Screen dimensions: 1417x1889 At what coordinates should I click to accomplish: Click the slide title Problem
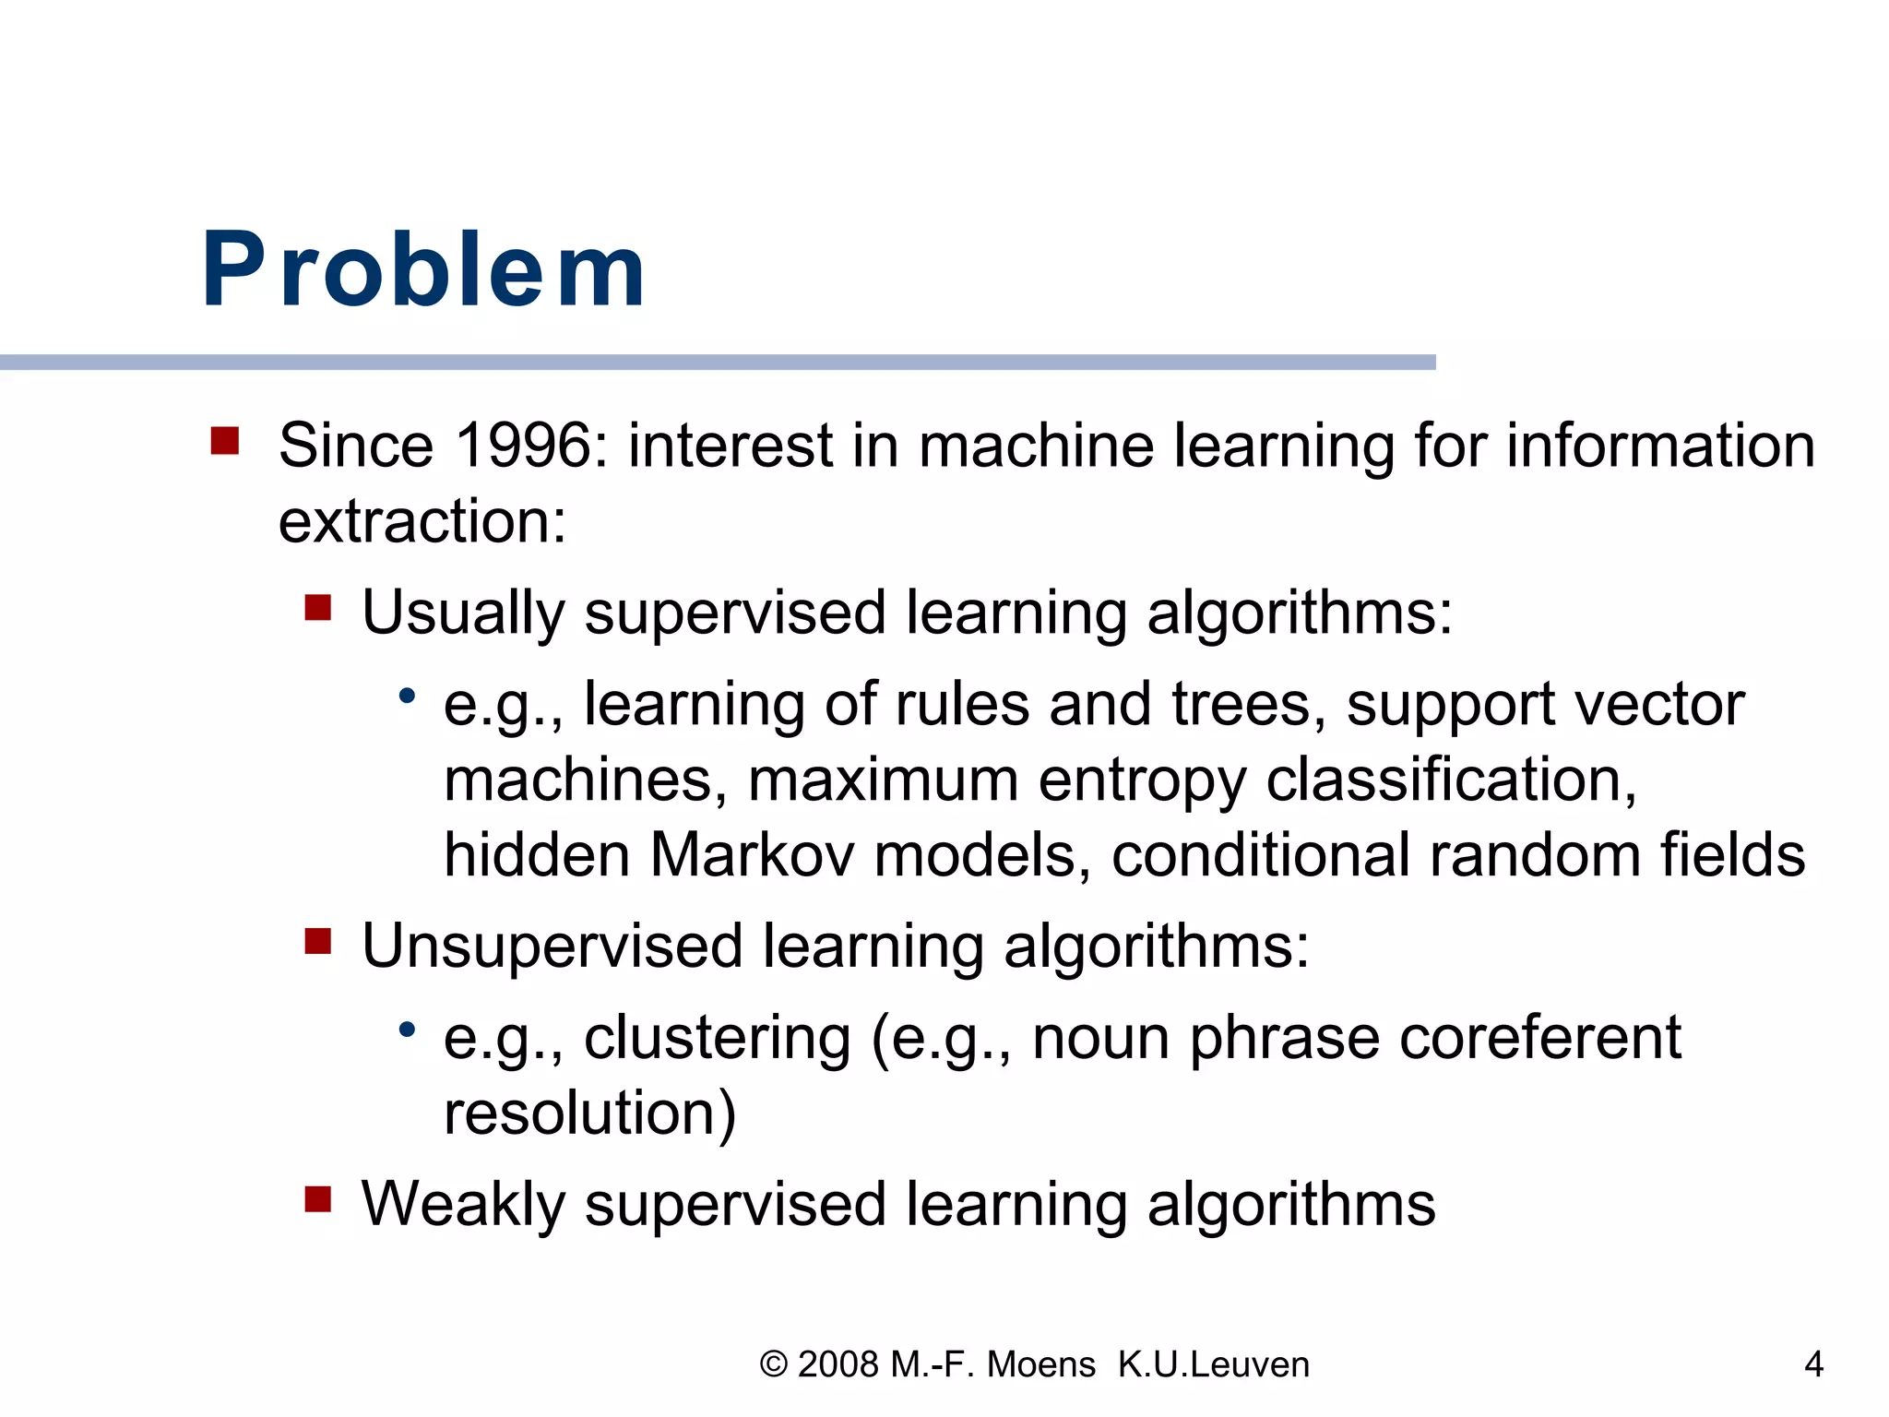(x=423, y=269)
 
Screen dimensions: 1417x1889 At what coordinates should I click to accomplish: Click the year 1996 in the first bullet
(x=523, y=447)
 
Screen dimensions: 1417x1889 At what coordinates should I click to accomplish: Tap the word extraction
(x=422, y=522)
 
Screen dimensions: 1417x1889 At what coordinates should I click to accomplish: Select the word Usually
(x=462, y=613)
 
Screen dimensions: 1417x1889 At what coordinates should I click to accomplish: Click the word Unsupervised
(x=552, y=947)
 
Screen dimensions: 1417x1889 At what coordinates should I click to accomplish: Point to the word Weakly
(x=462, y=1205)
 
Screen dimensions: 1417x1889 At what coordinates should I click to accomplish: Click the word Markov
(x=752, y=855)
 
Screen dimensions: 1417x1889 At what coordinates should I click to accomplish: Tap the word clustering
(x=717, y=1039)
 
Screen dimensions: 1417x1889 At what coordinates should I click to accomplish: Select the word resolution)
(x=589, y=1113)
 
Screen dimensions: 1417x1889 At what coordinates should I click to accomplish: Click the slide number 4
(x=1813, y=1364)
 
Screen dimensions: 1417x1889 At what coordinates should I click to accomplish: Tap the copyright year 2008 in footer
(x=838, y=1364)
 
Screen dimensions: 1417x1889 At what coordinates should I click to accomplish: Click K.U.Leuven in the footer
(x=1213, y=1364)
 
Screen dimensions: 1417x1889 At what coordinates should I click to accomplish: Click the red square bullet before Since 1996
(x=225, y=441)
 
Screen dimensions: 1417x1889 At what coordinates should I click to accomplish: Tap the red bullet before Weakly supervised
(x=318, y=1199)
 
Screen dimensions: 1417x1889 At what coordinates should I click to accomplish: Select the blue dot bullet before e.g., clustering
(x=408, y=1029)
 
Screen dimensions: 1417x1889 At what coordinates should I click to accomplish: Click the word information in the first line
(x=1660, y=447)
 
